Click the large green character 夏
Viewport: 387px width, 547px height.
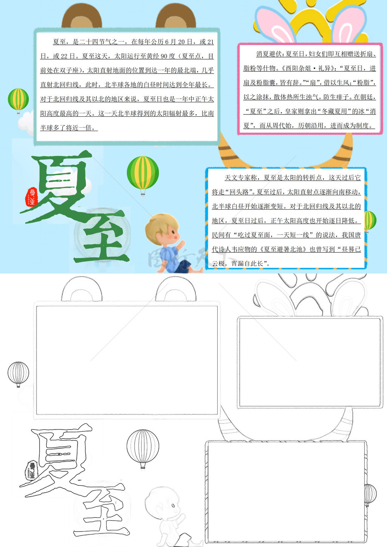[x=56, y=187]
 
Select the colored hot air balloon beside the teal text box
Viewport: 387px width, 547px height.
[x=18, y=100]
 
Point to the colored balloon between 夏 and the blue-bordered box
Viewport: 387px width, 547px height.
[x=143, y=175]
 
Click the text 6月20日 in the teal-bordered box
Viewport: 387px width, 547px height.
[x=179, y=42]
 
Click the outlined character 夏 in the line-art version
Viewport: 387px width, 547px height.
[x=56, y=460]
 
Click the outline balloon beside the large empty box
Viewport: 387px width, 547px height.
[x=18, y=374]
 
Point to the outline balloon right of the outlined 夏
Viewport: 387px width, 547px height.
[x=143, y=448]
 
